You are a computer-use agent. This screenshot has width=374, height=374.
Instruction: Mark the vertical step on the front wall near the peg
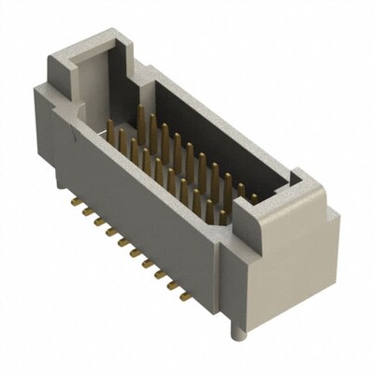(222, 271)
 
